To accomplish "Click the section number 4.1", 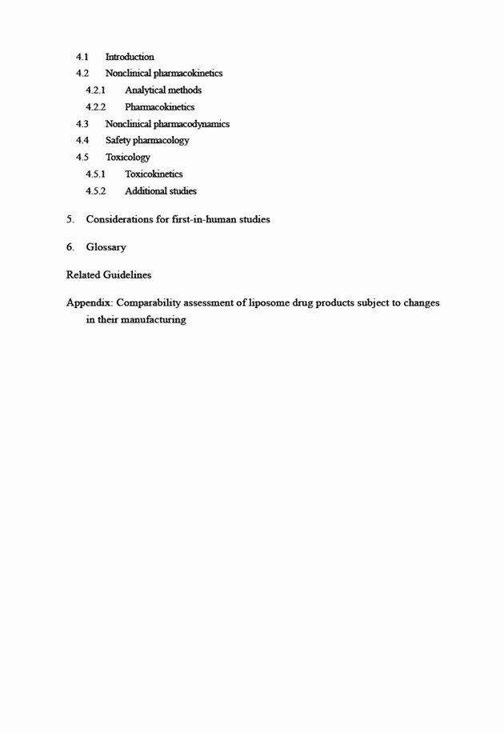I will pyautogui.click(x=82, y=57).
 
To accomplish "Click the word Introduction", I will pyautogui.click(x=130, y=57).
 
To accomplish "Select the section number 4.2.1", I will pyautogui.click(x=95, y=90).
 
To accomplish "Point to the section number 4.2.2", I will pyautogui.click(x=95, y=107).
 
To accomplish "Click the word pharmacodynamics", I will pyautogui.click(x=191, y=124).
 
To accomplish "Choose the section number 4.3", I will pyautogui.click(x=82, y=124).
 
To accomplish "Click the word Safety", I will pyautogui.click(x=118, y=141).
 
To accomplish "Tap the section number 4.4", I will pyautogui.click(x=82, y=141).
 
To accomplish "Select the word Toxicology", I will pyautogui.click(x=127, y=158).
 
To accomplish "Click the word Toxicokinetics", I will pyautogui.click(x=154, y=174).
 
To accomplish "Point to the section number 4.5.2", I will pyautogui.click(x=95, y=191).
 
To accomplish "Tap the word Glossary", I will pyautogui.click(x=106, y=247).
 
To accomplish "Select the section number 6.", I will pyautogui.click(x=70, y=247).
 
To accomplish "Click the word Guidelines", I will pyautogui.click(x=127, y=274).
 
